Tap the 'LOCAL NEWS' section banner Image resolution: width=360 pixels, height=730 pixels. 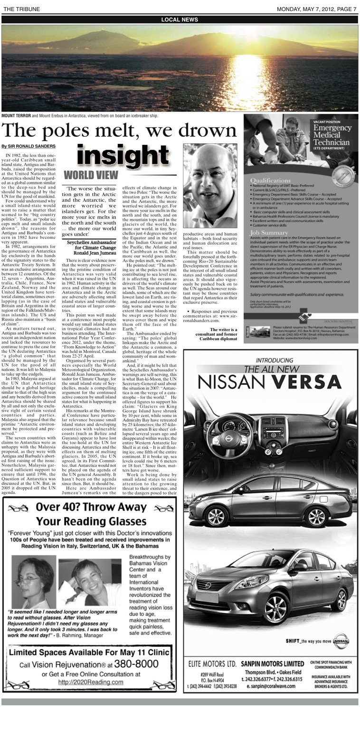[x=180, y=19]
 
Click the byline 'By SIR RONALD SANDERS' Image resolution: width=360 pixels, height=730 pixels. [x=28, y=146]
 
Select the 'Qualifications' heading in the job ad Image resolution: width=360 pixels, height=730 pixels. [x=271, y=180]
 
